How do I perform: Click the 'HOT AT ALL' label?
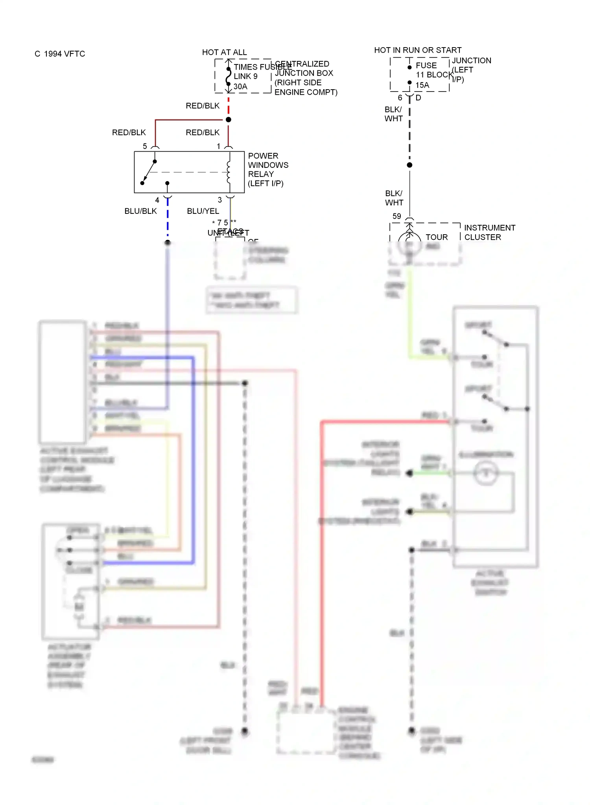click(224, 52)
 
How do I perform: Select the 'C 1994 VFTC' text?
click(60, 54)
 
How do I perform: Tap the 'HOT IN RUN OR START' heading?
click(418, 50)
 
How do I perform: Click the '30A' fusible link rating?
click(240, 86)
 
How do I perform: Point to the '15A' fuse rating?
click(422, 85)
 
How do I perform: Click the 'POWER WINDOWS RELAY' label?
click(268, 169)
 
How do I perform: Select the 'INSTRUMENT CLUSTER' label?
click(489, 232)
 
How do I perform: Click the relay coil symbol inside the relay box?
click(229, 172)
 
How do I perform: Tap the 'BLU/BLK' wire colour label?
click(140, 211)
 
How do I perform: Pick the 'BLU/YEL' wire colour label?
click(203, 211)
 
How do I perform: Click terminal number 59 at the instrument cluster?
click(397, 216)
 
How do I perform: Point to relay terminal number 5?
click(145, 146)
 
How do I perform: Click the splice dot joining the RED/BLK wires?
click(229, 119)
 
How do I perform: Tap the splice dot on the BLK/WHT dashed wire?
click(409, 165)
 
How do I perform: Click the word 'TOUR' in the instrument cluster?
click(437, 237)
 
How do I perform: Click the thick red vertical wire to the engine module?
click(321, 550)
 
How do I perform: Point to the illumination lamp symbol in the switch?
click(486, 473)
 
